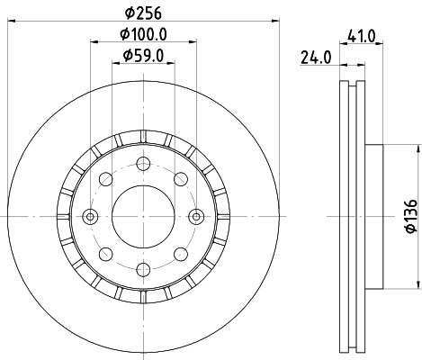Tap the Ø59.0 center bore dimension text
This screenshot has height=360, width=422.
coord(144,58)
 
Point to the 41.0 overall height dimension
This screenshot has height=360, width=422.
coord(362,37)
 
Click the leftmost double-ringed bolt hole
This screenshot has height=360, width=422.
coord(90,216)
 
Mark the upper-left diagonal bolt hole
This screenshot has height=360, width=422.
coord(105,178)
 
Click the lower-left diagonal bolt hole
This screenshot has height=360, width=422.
coord(105,254)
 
